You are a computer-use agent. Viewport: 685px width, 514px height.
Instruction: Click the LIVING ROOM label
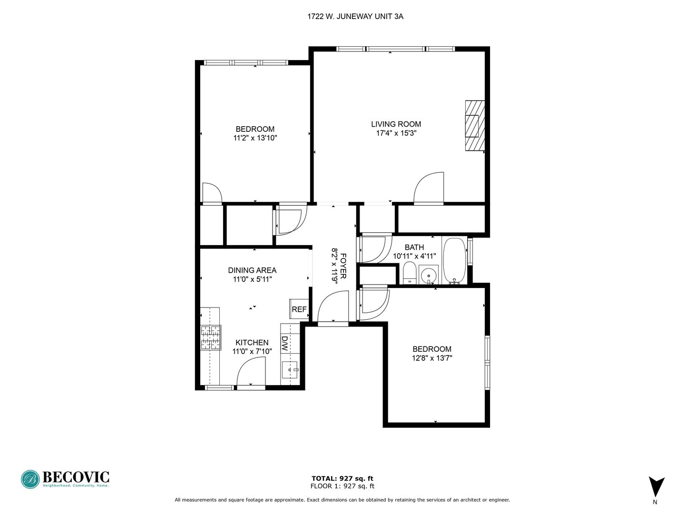click(x=396, y=124)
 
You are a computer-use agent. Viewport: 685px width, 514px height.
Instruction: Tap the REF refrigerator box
click(x=299, y=309)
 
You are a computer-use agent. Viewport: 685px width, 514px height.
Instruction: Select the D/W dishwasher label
click(x=284, y=343)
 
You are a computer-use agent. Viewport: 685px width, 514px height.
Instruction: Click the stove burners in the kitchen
click(x=211, y=337)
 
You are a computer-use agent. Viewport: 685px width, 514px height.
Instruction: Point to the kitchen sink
click(x=290, y=369)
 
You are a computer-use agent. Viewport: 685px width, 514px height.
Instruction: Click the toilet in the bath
click(x=409, y=273)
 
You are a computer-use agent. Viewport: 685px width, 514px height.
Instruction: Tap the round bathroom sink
click(x=429, y=275)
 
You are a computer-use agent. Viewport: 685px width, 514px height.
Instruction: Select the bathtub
click(x=454, y=261)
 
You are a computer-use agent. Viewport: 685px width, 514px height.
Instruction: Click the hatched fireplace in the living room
click(x=475, y=126)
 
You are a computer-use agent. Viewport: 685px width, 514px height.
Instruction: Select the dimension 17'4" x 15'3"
click(x=396, y=133)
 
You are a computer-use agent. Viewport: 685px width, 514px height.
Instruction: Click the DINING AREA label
click(x=252, y=270)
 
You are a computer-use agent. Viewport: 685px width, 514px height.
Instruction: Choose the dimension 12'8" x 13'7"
click(x=432, y=358)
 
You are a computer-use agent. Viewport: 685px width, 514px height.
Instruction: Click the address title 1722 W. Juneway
click(x=355, y=17)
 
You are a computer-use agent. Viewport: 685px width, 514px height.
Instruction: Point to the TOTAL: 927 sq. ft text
click(x=342, y=478)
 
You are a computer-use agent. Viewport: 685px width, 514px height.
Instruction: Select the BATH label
click(x=414, y=247)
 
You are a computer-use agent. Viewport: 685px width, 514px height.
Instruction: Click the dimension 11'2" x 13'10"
click(x=255, y=138)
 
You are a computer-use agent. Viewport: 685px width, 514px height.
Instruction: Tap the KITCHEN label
click(x=252, y=342)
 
